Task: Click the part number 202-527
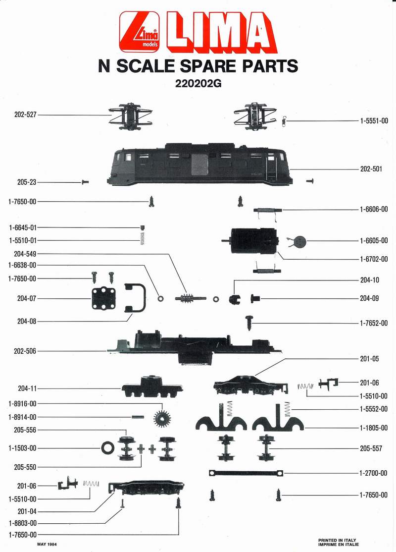pos(25,114)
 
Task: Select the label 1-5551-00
pos(374,120)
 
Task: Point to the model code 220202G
pos(198,84)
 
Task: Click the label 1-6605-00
pos(374,241)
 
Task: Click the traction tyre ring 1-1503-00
pos(107,447)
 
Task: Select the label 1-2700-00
pos(374,473)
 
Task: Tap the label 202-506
pos(25,351)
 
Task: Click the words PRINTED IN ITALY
pos(337,540)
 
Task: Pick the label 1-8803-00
pos(23,523)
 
